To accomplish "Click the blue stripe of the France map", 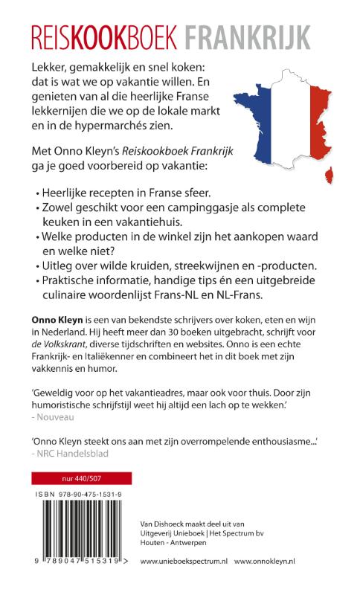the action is coord(252,119).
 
